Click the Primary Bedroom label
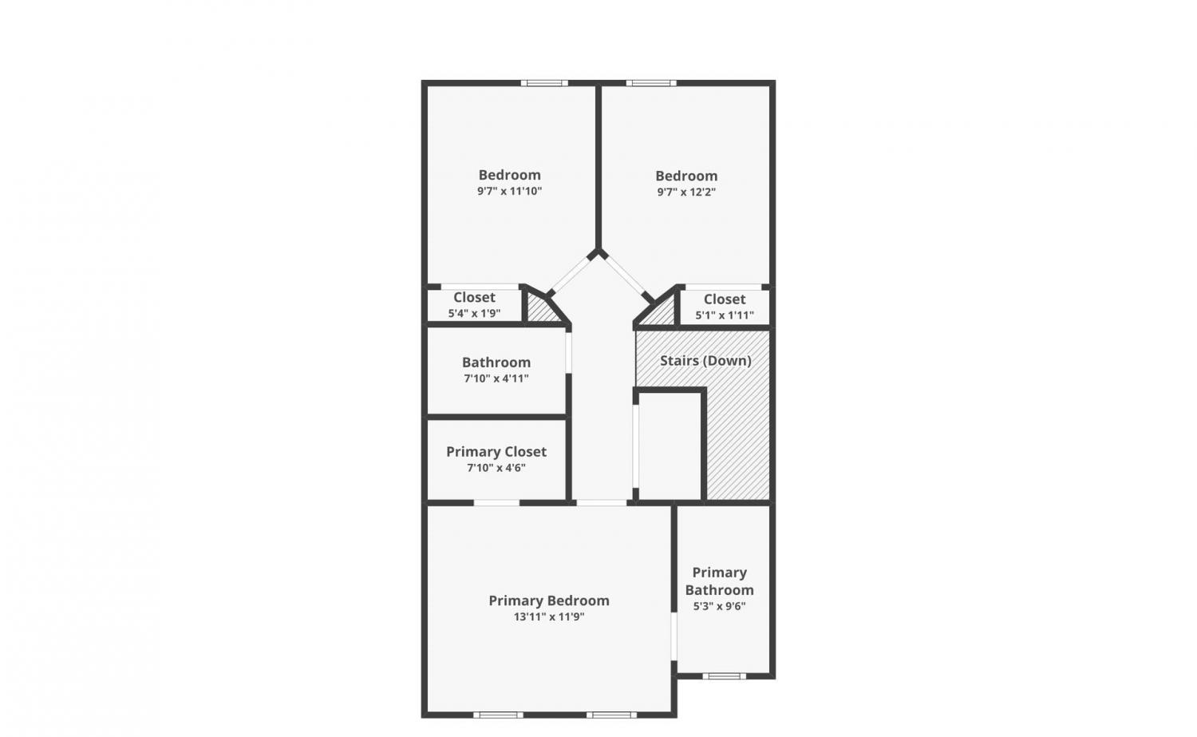(549, 600)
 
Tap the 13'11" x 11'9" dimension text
(549, 616)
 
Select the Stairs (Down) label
(705, 361)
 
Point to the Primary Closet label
(496, 452)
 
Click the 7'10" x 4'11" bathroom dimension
(496, 378)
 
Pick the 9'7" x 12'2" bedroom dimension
(686, 192)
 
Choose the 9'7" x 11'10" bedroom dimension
(509, 191)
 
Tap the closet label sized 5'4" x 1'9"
(474, 297)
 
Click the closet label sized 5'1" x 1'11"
(724, 299)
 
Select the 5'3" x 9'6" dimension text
(719, 607)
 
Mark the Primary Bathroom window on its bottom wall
(724, 676)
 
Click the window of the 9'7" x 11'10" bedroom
(544, 83)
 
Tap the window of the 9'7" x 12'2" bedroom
(651, 83)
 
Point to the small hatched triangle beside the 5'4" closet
(541, 308)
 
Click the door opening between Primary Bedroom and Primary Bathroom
(674, 636)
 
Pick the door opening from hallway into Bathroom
(568, 353)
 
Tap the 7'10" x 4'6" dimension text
(496, 468)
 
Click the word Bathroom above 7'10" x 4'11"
(496, 363)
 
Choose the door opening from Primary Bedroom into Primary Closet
(497, 503)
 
